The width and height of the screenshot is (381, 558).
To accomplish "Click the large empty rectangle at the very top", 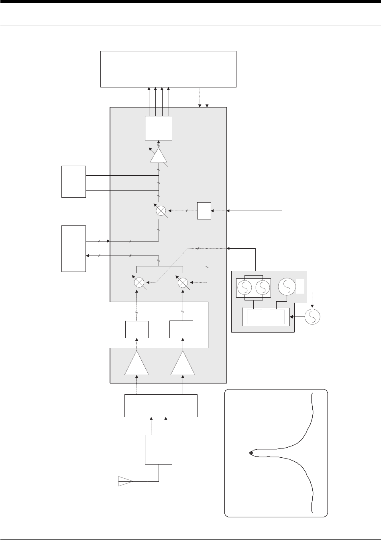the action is (168, 69).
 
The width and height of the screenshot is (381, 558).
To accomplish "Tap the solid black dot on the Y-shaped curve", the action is (251, 453).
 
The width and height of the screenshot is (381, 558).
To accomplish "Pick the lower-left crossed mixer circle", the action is (139, 282).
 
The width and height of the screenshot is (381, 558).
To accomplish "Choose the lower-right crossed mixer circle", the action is (183, 282).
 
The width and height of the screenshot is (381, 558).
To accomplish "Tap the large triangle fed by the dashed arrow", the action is (137, 363).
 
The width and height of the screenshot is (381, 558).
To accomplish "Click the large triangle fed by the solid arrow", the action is (183, 363).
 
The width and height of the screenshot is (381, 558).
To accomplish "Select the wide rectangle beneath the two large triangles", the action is (161, 406).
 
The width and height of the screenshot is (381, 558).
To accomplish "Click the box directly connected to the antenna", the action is (159, 450).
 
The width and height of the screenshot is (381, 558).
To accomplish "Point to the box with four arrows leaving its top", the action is (159, 128).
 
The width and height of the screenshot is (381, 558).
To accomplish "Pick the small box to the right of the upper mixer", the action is (204, 211).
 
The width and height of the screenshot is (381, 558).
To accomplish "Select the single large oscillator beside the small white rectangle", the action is (286, 287).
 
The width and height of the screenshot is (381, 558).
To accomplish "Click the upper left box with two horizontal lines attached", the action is (73, 181).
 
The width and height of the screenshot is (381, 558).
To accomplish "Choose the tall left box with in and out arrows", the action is (73, 248).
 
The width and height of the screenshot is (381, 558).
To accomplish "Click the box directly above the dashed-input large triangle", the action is (137, 329).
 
